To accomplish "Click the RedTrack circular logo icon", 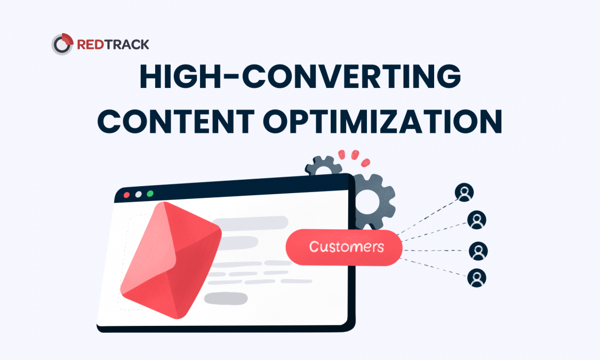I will point(62,44).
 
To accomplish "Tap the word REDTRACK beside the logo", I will point(113,44).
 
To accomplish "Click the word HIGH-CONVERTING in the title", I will point(300,78).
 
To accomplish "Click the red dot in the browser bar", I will point(126,195).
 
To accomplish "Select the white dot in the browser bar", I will point(138,195).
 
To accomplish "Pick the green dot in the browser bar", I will point(150,194).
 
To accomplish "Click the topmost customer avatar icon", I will point(464,193).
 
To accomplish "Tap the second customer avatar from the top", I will point(476,219).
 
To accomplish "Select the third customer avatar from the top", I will point(478,251).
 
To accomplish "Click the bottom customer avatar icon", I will point(477,278).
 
